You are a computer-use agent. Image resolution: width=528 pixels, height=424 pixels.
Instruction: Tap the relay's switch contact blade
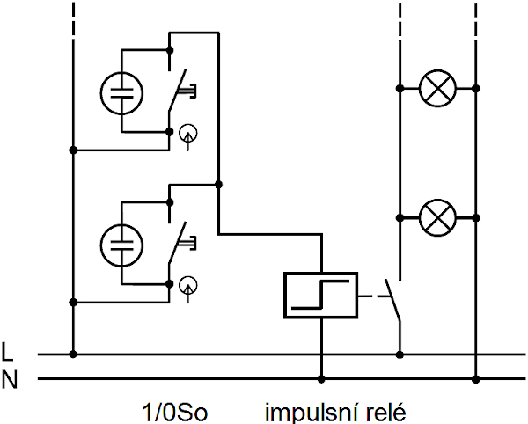(392, 299)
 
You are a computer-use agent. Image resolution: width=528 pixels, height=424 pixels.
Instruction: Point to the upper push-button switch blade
(177, 91)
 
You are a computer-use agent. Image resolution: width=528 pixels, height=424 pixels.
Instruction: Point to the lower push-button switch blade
(177, 242)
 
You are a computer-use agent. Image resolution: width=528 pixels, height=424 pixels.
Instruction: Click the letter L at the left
(7, 352)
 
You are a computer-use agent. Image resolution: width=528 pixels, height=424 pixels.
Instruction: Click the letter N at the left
(9, 380)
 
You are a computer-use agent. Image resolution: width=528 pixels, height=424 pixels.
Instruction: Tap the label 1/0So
(174, 412)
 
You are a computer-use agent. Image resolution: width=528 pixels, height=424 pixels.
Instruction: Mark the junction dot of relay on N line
(321, 379)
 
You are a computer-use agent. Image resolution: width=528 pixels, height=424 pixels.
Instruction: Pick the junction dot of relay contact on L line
(400, 355)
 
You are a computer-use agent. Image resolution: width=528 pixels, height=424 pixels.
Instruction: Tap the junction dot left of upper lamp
(400, 89)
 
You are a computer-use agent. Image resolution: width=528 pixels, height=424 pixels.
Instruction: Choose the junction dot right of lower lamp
(475, 218)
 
